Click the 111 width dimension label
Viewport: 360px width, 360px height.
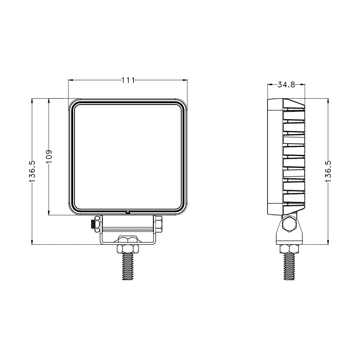click(x=128, y=80)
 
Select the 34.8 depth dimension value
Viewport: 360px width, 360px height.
click(x=286, y=85)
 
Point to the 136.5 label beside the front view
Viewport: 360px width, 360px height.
click(x=32, y=171)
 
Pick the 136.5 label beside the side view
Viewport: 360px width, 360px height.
click(x=328, y=171)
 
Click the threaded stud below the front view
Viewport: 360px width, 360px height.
click(x=128, y=267)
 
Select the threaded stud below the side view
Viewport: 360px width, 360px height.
click(x=289, y=266)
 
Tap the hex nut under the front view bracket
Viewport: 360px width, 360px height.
click(x=128, y=249)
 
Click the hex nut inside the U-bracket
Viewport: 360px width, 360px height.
click(x=128, y=239)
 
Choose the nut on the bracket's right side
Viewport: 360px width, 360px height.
click(x=159, y=224)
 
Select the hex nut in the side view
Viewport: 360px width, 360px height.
click(x=289, y=249)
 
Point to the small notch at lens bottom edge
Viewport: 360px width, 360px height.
click(x=127, y=212)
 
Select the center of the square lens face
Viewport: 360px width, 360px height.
click(x=128, y=157)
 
